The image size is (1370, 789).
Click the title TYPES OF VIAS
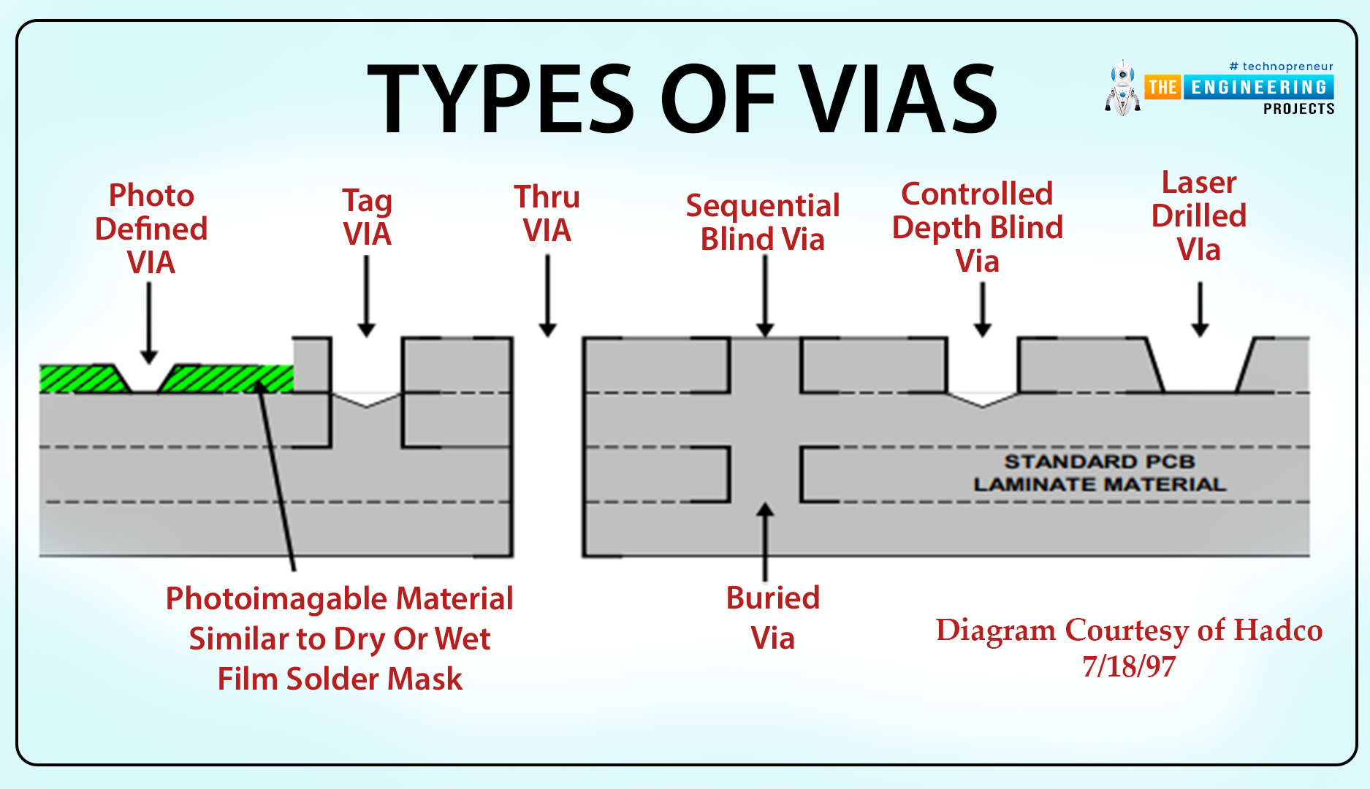pos(682,99)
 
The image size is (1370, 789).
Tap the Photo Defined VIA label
pos(151,229)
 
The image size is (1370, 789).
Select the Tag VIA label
pos(367,217)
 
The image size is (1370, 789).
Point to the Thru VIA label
pos(547,213)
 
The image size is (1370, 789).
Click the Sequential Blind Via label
pos(763,222)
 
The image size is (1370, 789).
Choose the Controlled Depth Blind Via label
pos(978,227)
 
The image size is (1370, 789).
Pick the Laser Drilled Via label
pos(1199,216)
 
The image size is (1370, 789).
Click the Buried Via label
pos(773,618)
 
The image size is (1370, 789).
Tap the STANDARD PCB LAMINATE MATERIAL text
pos(1100,473)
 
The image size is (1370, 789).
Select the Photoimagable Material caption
pos(340,639)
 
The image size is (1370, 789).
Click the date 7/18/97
pos(1129,666)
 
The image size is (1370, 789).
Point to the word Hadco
pos(1279,630)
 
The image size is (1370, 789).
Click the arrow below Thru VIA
pos(547,295)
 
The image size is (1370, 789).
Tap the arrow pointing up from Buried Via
pos(765,541)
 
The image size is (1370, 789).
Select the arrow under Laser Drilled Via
pos(1200,310)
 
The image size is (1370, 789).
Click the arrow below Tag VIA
pos(367,296)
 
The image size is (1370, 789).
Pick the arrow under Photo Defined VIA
pos(149,323)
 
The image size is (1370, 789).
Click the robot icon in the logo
pos(1122,88)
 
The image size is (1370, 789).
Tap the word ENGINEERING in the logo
pos(1259,88)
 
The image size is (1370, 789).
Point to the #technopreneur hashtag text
pos(1282,66)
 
